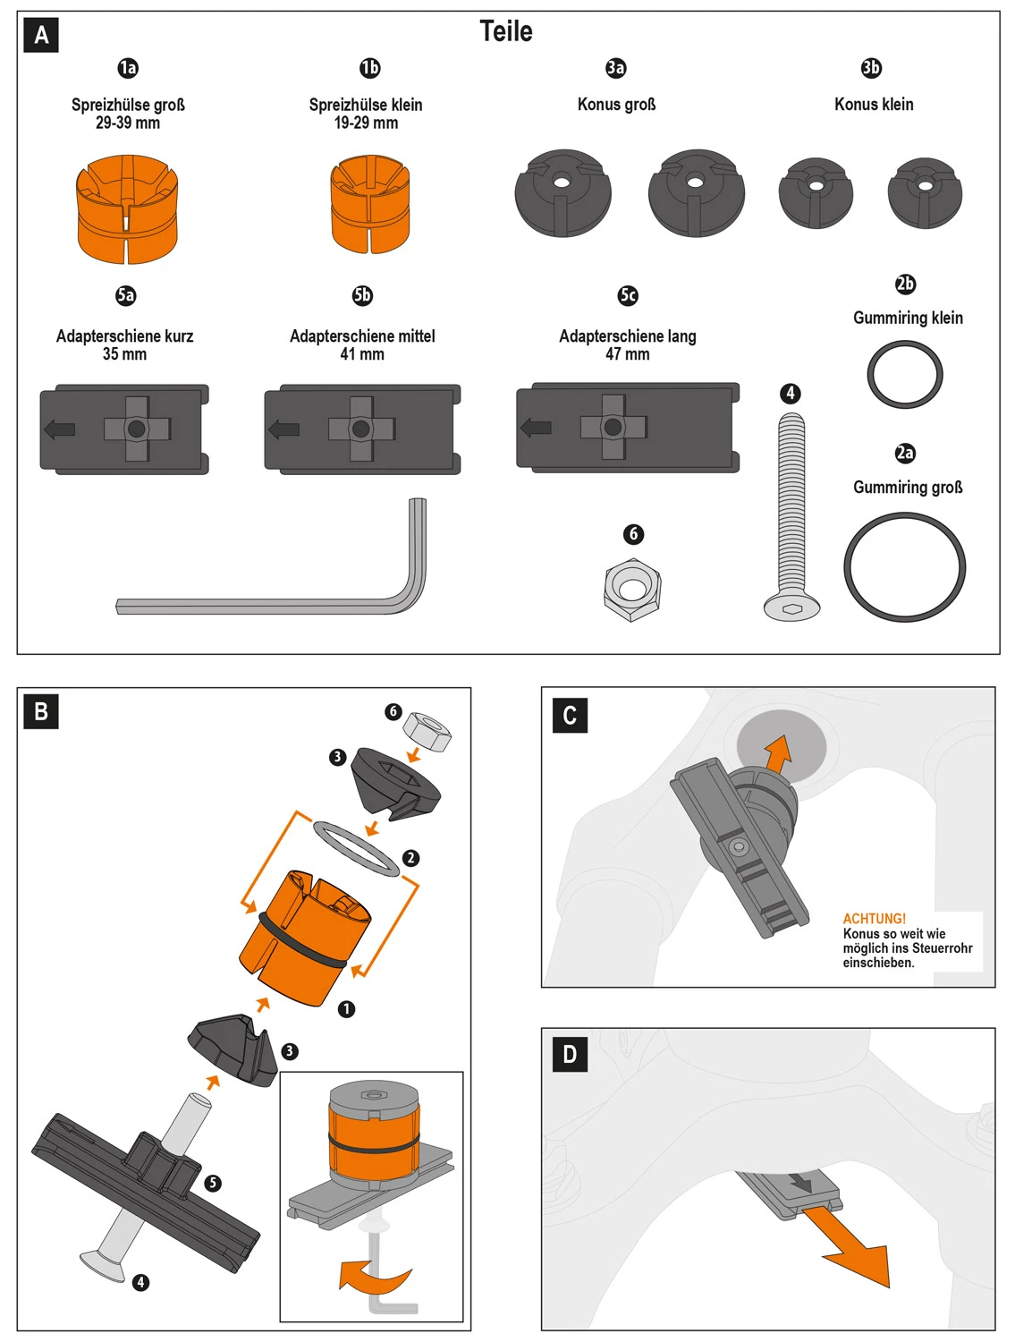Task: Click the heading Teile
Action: coord(506,31)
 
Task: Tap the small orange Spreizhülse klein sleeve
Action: coord(369,204)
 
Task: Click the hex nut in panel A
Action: coord(632,590)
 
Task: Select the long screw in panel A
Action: coord(791,510)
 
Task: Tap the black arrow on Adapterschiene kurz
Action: coord(60,429)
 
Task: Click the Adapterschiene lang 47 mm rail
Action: coord(627,428)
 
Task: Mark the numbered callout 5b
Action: coord(362,295)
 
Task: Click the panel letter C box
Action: coord(570,716)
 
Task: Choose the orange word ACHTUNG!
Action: coord(874,919)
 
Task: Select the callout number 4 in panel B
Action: coord(140,1282)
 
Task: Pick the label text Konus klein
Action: coord(874,105)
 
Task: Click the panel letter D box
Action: coord(570,1054)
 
